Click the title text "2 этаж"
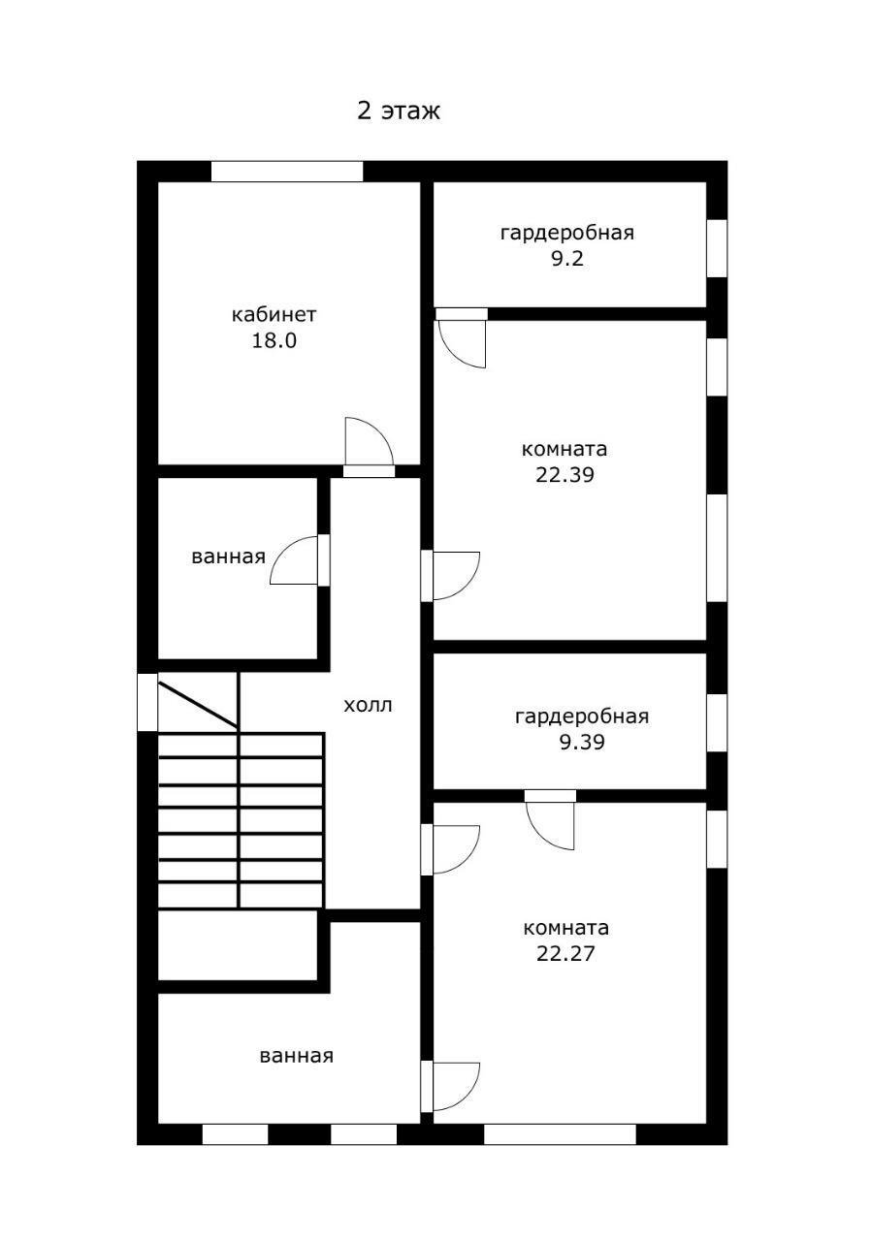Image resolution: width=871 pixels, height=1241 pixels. pyautogui.click(x=399, y=111)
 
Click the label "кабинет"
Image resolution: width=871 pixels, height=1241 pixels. pyautogui.click(x=274, y=315)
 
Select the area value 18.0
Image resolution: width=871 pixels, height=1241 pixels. pyautogui.click(x=274, y=341)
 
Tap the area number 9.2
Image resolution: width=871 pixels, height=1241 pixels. pyautogui.click(x=566, y=259)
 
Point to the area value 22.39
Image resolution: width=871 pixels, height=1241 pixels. pyautogui.click(x=565, y=475)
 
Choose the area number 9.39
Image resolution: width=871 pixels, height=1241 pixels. pyautogui.click(x=581, y=743)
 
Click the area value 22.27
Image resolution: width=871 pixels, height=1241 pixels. pyautogui.click(x=565, y=953)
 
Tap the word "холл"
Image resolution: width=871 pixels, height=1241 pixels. pyautogui.click(x=369, y=705)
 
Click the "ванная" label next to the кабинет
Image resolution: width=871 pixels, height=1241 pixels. pyautogui.click(x=229, y=557)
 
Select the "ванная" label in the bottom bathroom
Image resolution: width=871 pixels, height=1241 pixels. pyautogui.click(x=296, y=1056)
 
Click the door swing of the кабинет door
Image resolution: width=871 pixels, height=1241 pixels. pyautogui.click(x=369, y=443)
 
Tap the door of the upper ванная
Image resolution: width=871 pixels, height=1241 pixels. pyautogui.click(x=295, y=561)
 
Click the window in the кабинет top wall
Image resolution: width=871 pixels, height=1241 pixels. pyautogui.click(x=287, y=172)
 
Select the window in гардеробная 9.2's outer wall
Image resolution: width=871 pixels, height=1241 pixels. pyautogui.click(x=717, y=248)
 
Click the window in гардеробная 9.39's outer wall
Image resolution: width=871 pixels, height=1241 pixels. pyautogui.click(x=717, y=723)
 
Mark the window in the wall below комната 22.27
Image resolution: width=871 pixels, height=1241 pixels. pyautogui.click(x=560, y=1134)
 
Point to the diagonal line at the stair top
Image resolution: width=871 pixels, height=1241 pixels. pyautogui.click(x=198, y=705)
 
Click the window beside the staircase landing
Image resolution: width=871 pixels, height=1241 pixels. pyautogui.click(x=147, y=702)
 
